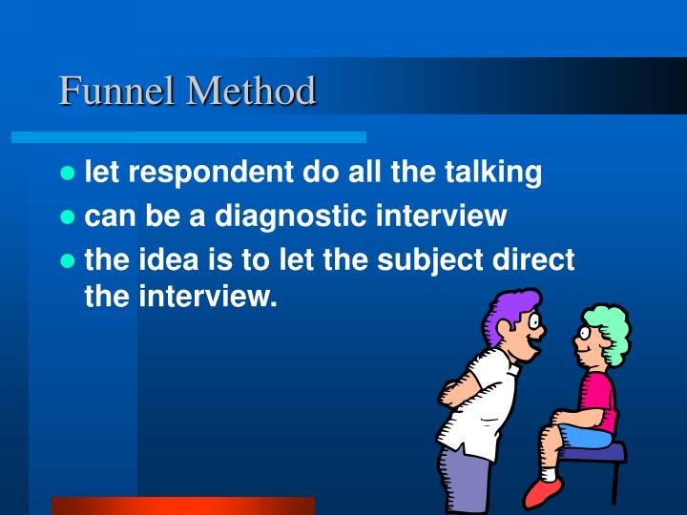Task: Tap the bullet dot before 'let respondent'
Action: point(67,174)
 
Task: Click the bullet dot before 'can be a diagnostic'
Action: point(67,217)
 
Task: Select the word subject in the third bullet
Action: point(449,260)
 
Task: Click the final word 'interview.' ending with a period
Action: point(209,298)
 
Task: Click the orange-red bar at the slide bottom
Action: point(182,505)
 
